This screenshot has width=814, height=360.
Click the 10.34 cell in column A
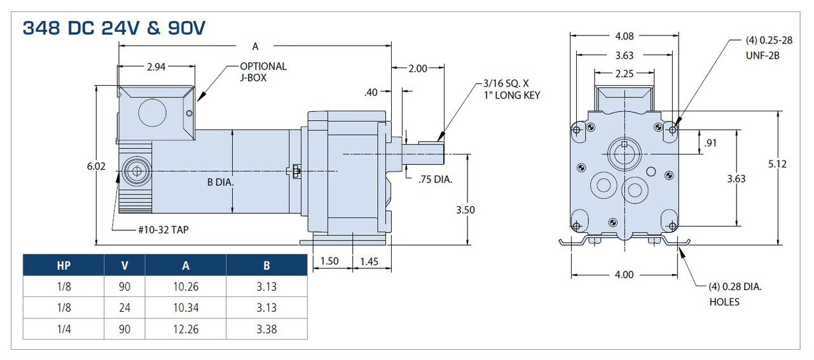pos(186,308)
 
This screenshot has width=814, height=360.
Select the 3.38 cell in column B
pos(266,329)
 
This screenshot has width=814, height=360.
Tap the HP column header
pos(64,265)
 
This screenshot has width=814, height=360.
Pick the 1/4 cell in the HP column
pos(64,329)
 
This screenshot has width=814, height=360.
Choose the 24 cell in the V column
pos(125,308)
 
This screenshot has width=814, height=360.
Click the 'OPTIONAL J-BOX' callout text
pos(263,72)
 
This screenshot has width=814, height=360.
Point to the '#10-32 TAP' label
pos(163,229)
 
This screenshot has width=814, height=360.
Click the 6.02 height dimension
pos(96,166)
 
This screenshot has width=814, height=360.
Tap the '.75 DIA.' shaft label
pos(435,179)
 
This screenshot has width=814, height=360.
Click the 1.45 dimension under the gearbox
pos(369,261)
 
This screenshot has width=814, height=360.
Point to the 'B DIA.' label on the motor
pos(221,183)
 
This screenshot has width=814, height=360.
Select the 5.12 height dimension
pos(777,164)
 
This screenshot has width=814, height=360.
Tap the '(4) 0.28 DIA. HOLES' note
pos(735,294)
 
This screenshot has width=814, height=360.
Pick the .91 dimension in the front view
pos(711,143)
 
